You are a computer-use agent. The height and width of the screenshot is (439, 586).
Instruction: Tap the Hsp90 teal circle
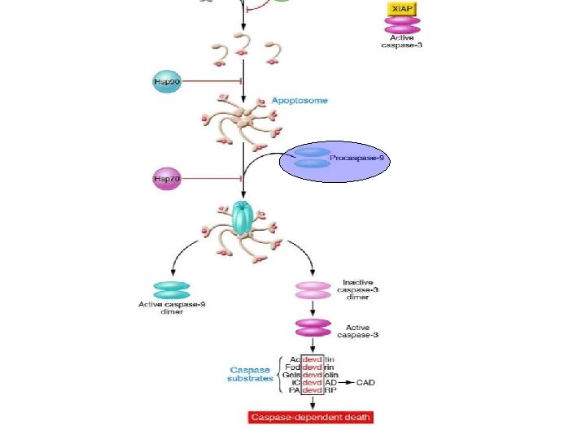tap(166, 81)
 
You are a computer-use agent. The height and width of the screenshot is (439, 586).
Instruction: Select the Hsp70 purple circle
tap(166, 179)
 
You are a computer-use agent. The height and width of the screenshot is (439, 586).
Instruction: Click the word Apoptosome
tap(300, 101)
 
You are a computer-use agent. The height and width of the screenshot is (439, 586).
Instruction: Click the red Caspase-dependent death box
tap(310, 417)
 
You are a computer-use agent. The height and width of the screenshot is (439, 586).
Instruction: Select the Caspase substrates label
tap(251, 374)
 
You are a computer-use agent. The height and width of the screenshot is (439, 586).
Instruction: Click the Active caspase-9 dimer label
tap(172, 309)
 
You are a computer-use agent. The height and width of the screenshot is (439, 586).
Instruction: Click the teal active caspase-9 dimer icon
tap(172, 289)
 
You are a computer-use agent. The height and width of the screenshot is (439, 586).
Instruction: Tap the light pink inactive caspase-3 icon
tap(313, 290)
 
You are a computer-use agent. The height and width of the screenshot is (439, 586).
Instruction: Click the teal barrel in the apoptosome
tap(243, 216)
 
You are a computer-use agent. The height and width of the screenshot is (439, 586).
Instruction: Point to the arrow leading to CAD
tap(347, 381)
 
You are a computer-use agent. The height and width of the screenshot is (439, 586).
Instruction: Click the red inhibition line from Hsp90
tap(212, 81)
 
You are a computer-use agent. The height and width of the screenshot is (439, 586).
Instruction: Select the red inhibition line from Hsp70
tap(212, 179)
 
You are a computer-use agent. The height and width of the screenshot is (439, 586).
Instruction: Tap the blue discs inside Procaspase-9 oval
tap(313, 158)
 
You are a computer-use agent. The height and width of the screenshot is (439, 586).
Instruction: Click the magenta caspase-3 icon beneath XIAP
tap(403, 26)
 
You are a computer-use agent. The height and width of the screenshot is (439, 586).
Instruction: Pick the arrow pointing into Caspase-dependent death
tap(311, 403)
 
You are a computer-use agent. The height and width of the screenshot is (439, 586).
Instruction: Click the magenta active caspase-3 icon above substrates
tap(313, 328)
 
